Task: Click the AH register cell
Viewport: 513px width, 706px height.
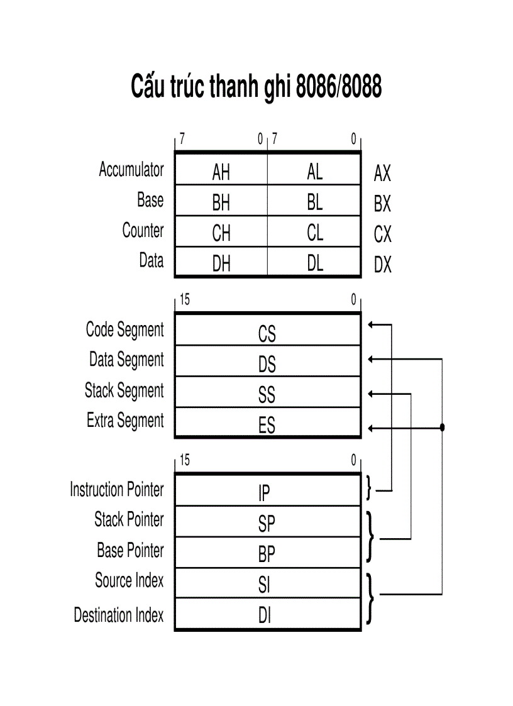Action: click(221, 171)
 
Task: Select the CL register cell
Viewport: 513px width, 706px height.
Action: click(315, 233)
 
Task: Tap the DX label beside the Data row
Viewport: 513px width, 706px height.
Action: click(382, 265)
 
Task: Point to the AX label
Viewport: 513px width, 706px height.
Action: click(382, 173)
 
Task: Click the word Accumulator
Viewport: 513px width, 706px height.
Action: click(131, 169)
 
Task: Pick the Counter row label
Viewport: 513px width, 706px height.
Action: click(143, 230)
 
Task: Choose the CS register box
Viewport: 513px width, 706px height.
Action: click(267, 333)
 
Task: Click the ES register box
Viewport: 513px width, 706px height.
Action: click(267, 426)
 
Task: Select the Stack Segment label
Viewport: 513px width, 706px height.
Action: click(124, 390)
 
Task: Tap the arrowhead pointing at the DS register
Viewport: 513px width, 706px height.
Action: click(371, 359)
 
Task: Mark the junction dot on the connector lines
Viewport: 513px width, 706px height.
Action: click(442, 427)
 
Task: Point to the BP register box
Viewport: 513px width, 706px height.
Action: click(267, 554)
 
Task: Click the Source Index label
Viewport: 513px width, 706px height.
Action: click(129, 580)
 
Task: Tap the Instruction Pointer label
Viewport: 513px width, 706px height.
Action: click(116, 489)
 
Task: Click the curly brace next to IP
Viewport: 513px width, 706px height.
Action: click(369, 488)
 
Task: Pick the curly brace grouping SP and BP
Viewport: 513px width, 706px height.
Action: click(370, 537)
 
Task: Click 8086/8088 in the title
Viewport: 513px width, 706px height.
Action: click(338, 87)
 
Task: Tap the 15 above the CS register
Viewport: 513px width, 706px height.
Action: click(184, 301)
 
